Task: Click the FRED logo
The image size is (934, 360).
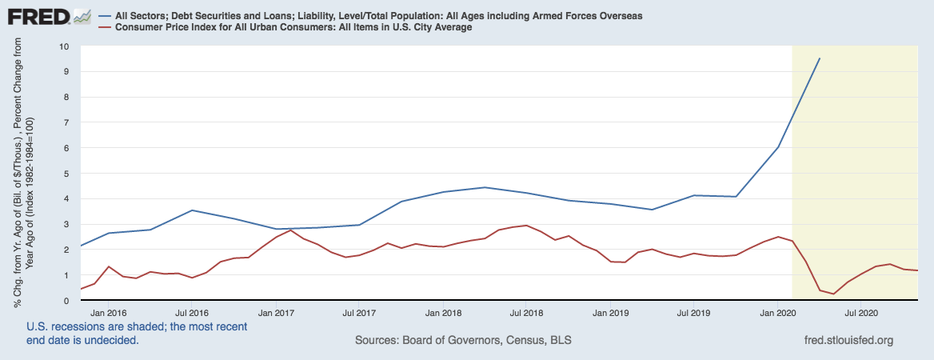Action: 37,16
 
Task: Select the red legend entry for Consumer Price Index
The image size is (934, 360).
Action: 291,27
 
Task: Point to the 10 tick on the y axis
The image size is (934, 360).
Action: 64,46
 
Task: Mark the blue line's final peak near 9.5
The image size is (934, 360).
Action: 820,58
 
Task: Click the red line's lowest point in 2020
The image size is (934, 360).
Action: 834,294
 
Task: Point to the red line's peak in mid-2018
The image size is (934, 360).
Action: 526,226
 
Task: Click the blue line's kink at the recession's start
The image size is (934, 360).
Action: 778,147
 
